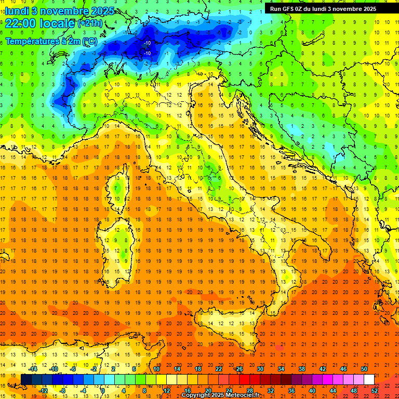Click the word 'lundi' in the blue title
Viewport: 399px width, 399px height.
coord(17,11)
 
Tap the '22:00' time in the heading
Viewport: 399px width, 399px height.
coord(21,23)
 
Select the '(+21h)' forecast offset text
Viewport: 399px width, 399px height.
coord(90,23)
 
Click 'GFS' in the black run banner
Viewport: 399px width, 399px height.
coord(290,9)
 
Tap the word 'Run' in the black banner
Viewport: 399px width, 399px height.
coord(276,9)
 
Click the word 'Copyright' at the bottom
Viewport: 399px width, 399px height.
coord(198,395)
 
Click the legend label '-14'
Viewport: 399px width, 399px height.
coord(33,369)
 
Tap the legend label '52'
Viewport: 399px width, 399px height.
coord(375,391)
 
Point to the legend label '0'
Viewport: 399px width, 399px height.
coord(103,391)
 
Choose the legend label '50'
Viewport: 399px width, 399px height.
coord(364,369)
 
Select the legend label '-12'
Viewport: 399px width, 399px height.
coord(43,391)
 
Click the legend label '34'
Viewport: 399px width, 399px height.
coord(281,369)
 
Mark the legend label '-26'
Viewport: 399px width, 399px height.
coord(238,369)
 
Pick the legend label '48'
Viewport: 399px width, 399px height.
coord(354,391)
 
